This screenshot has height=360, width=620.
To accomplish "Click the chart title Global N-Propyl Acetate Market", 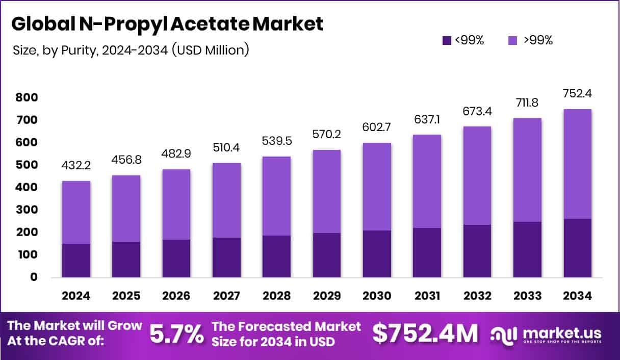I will pyautogui.click(x=167, y=24).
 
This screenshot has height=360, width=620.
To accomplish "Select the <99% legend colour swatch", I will pyautogui.click(x=447, y=41).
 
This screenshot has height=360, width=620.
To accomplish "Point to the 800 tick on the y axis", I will pyautogui.click(x=27, y=97).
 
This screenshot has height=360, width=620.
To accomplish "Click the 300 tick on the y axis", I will pyautogui.click(x=27, y=210).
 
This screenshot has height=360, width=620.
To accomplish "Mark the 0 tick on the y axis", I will pyautogui.click(x=34, y=277).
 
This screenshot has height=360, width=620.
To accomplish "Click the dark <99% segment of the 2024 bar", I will pyautogui.click(x=76, y=261).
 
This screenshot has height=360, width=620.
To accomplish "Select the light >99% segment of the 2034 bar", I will pyautogui.click(x=578, y=164).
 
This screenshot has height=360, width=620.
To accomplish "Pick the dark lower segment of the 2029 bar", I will pyautogui.click(x=327, y=255).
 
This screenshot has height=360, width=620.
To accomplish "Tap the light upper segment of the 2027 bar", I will pyautogui.click(x=227, y=200).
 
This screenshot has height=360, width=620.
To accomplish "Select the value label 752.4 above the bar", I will pyautogui.click(x=578, y=94).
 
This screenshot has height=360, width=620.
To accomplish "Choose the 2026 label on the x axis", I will pyautogui.click(x=176, y=296).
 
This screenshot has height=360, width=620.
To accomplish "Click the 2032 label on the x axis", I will pyautogui.click(x=477, y=296).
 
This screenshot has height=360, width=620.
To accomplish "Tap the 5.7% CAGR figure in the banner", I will pyautogui.click(x=176, y=335).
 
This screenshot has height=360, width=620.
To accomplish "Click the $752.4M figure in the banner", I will pyautogui.click(x=425, y=335).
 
